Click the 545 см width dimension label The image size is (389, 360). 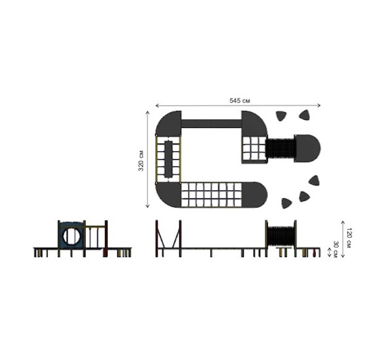240,101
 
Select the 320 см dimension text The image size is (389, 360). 141,161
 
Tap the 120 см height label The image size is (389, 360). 349,237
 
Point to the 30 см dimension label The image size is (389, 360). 336,249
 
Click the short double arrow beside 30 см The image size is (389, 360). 329,252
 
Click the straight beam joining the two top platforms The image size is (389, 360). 212,124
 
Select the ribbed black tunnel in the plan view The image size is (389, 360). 281,148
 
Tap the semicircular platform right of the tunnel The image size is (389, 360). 307,148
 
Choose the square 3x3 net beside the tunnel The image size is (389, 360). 254,149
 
